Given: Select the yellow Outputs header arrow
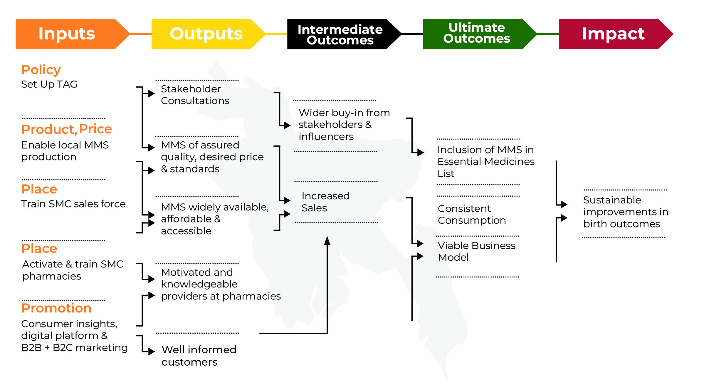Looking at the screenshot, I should pos(206,34).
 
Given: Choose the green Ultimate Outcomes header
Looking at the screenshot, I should pos(476,33).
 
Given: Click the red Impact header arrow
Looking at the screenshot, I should pos(613,34).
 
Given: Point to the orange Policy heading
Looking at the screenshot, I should pos(41,70).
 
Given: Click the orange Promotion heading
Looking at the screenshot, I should pos(56,308).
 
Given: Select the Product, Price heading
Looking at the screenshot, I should pos(67,129).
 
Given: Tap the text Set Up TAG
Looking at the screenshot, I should pos(49,84).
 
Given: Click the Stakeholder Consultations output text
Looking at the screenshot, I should pos(195,95).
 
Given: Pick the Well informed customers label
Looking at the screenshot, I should pos(199,356).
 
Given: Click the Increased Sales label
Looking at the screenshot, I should pos(325,202).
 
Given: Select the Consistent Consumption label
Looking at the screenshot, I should pos(471,214).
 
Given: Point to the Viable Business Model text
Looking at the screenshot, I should pos(476,251).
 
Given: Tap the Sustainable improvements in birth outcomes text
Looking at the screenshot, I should pos(625,212).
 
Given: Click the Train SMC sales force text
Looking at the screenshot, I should pos(73,204).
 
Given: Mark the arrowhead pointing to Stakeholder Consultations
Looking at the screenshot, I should pos(151,94).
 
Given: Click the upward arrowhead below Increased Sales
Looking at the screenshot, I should pos(327,240).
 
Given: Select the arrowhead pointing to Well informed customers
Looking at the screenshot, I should pos(152,351).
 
